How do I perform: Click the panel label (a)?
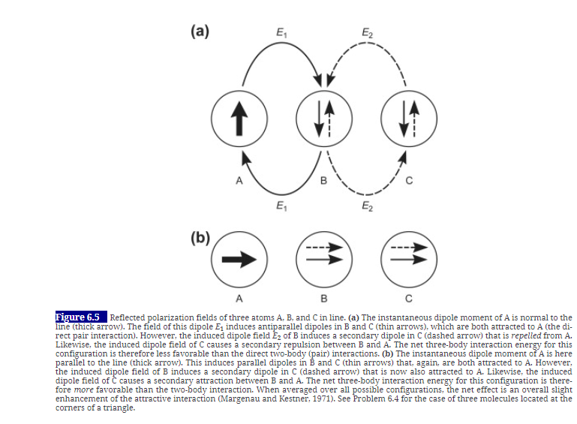pos(199,31)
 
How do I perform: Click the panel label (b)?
pos(199,240)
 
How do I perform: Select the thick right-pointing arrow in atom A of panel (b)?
pos(239,259)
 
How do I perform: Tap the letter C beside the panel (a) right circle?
pos(409,181)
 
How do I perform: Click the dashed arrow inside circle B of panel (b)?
pos(324,248)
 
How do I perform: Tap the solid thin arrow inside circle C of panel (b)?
pos(409,260)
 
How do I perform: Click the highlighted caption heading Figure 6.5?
pos(81,317)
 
